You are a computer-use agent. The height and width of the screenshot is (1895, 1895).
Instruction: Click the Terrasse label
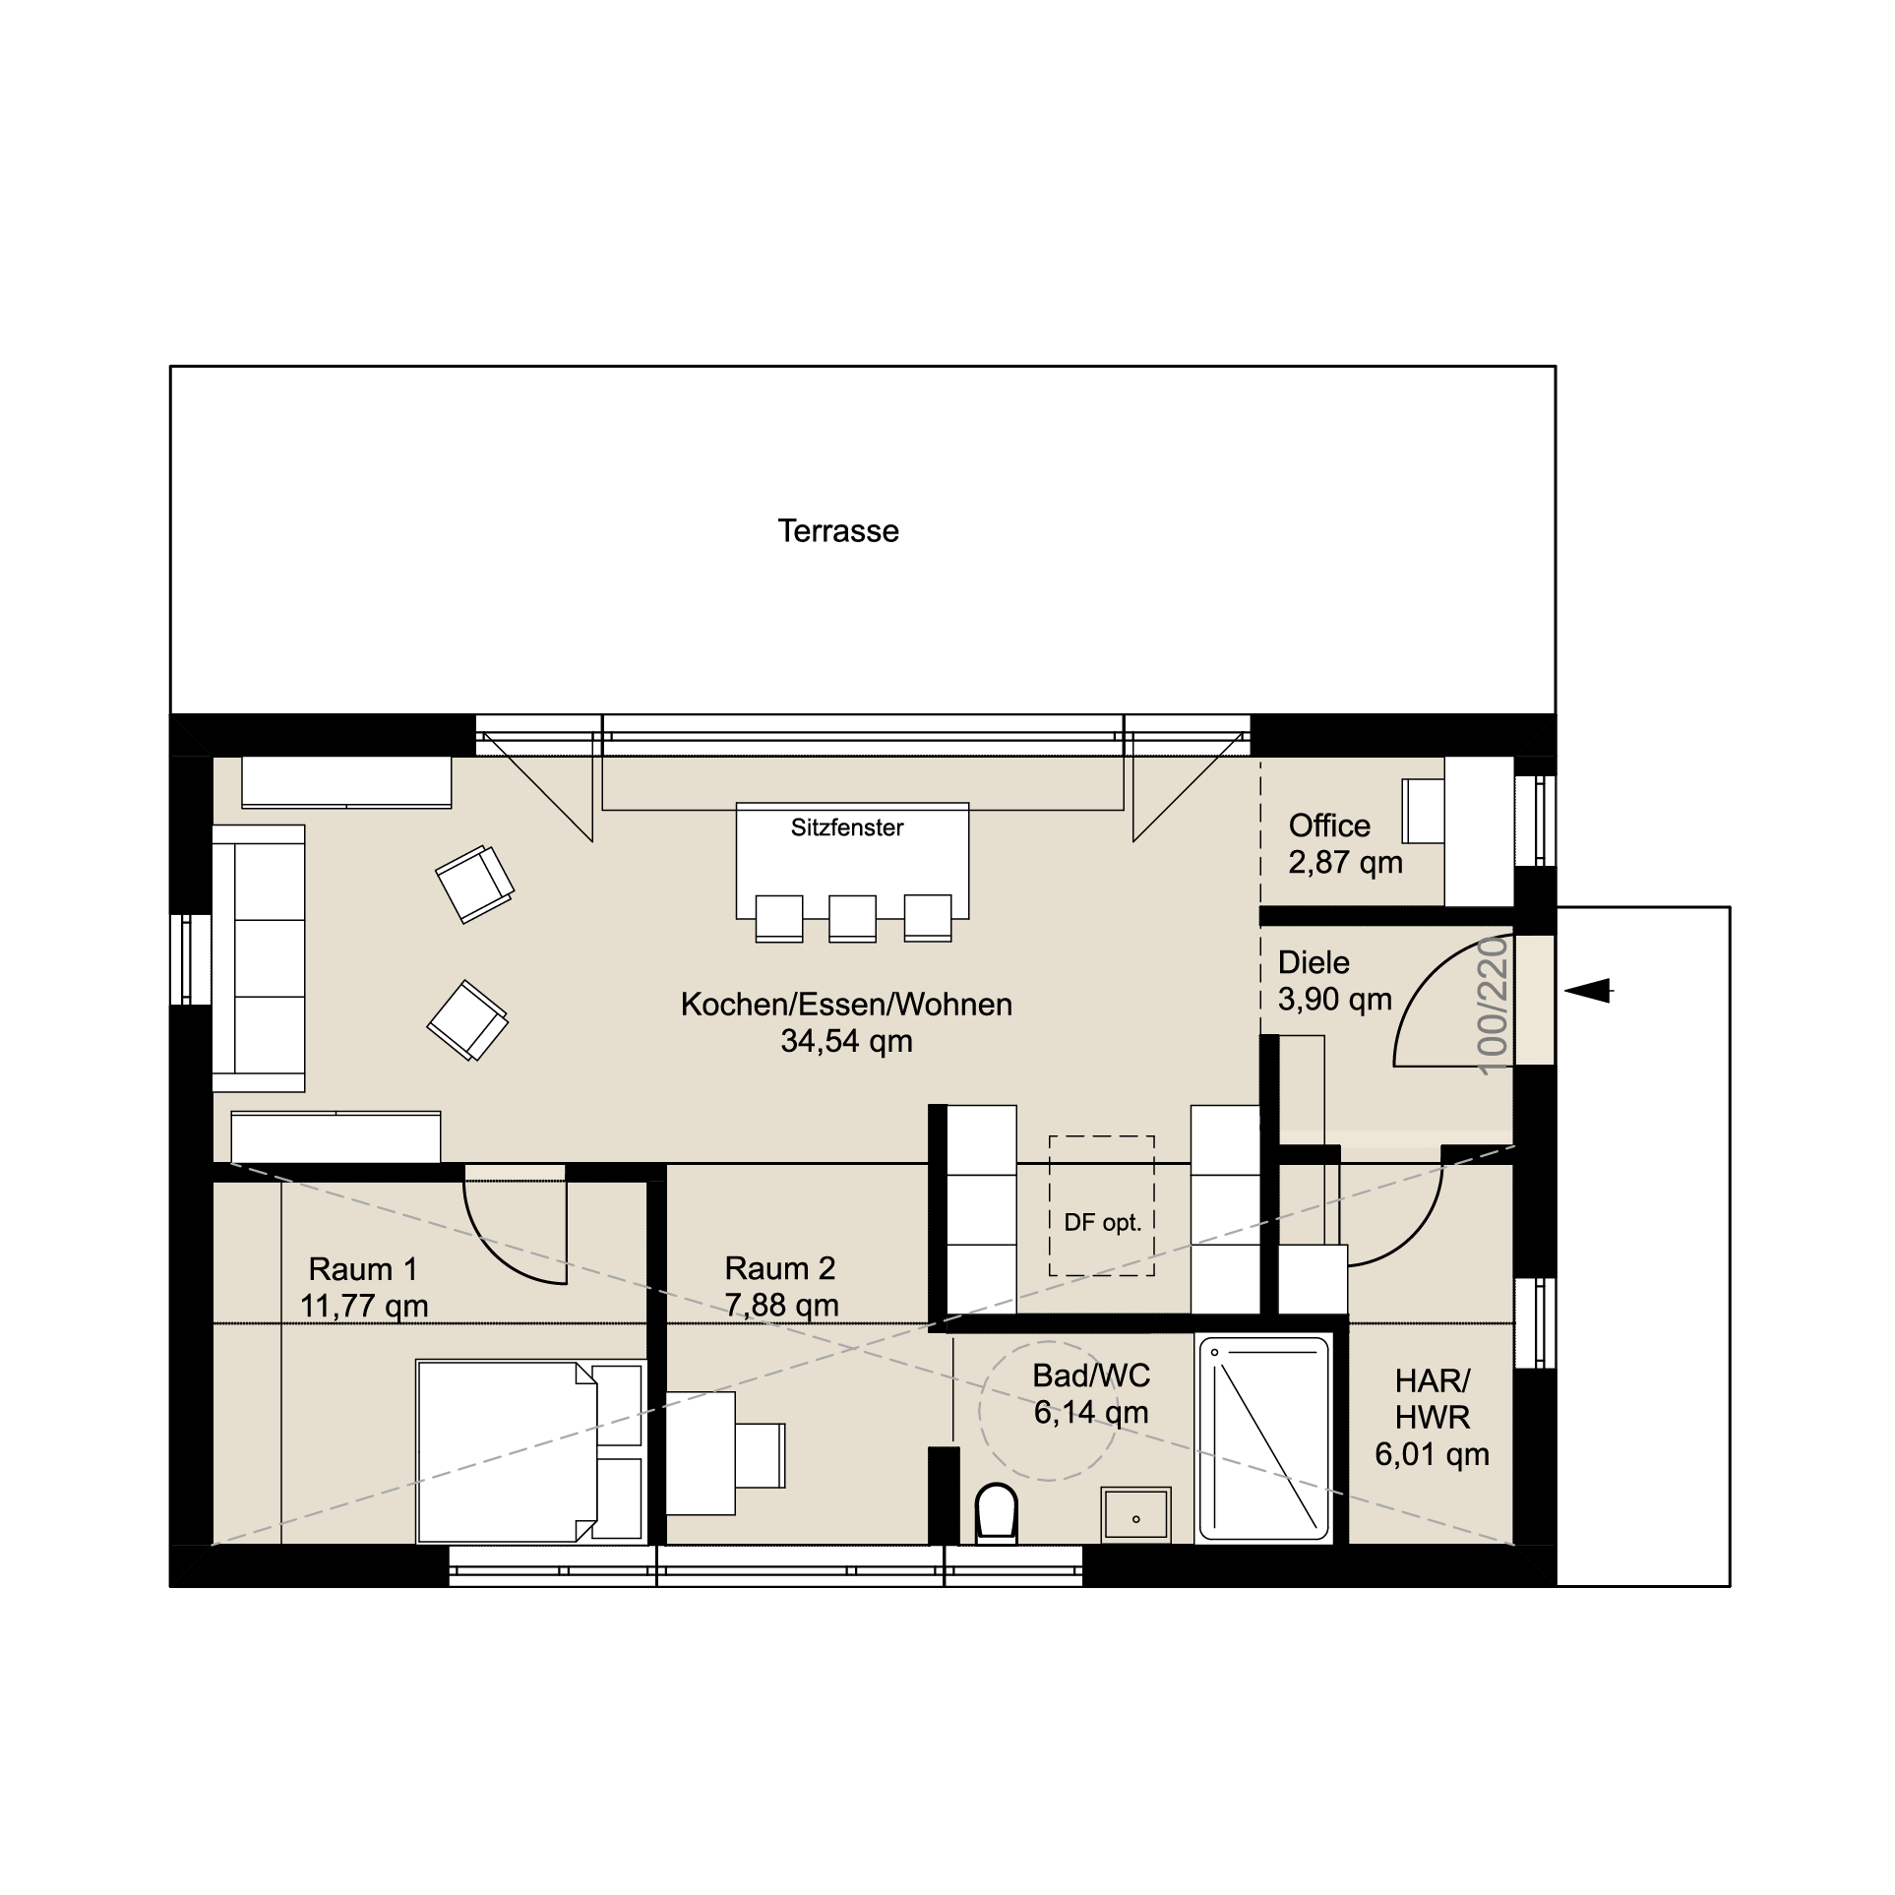tap(838, 531)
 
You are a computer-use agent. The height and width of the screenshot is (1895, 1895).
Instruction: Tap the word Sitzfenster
tap(847, 827)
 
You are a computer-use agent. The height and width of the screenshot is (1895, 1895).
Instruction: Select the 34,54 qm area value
tap(846, 1041)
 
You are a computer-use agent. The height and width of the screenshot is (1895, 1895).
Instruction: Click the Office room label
tap(1329, 825)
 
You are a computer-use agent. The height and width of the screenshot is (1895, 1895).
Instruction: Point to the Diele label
tap(1314, 962)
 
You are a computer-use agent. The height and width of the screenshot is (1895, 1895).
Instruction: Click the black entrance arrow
tap(1588, 991)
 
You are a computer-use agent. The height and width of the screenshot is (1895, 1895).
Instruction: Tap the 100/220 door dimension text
tap(1493, 1005)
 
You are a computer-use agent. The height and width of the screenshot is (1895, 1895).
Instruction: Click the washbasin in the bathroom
tap(1136, 1514)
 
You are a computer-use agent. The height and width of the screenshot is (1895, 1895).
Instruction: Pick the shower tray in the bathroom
tap(1264, 1437)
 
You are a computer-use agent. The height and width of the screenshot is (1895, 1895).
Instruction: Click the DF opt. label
tap(1102, 1223)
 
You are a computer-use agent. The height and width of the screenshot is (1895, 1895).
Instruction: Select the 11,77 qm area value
tap(364, 1307)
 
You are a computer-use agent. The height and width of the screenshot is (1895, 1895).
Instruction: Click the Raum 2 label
tap(780, 1268)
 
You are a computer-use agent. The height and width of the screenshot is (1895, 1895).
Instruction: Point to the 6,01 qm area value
tap(1432, 1454)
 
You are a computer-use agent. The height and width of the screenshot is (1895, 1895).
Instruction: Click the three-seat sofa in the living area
tap(259, 958)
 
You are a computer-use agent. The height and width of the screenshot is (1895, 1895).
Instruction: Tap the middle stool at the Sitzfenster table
tap(852, 918)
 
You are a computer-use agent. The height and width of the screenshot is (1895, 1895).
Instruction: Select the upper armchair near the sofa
tap(475, 884)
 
